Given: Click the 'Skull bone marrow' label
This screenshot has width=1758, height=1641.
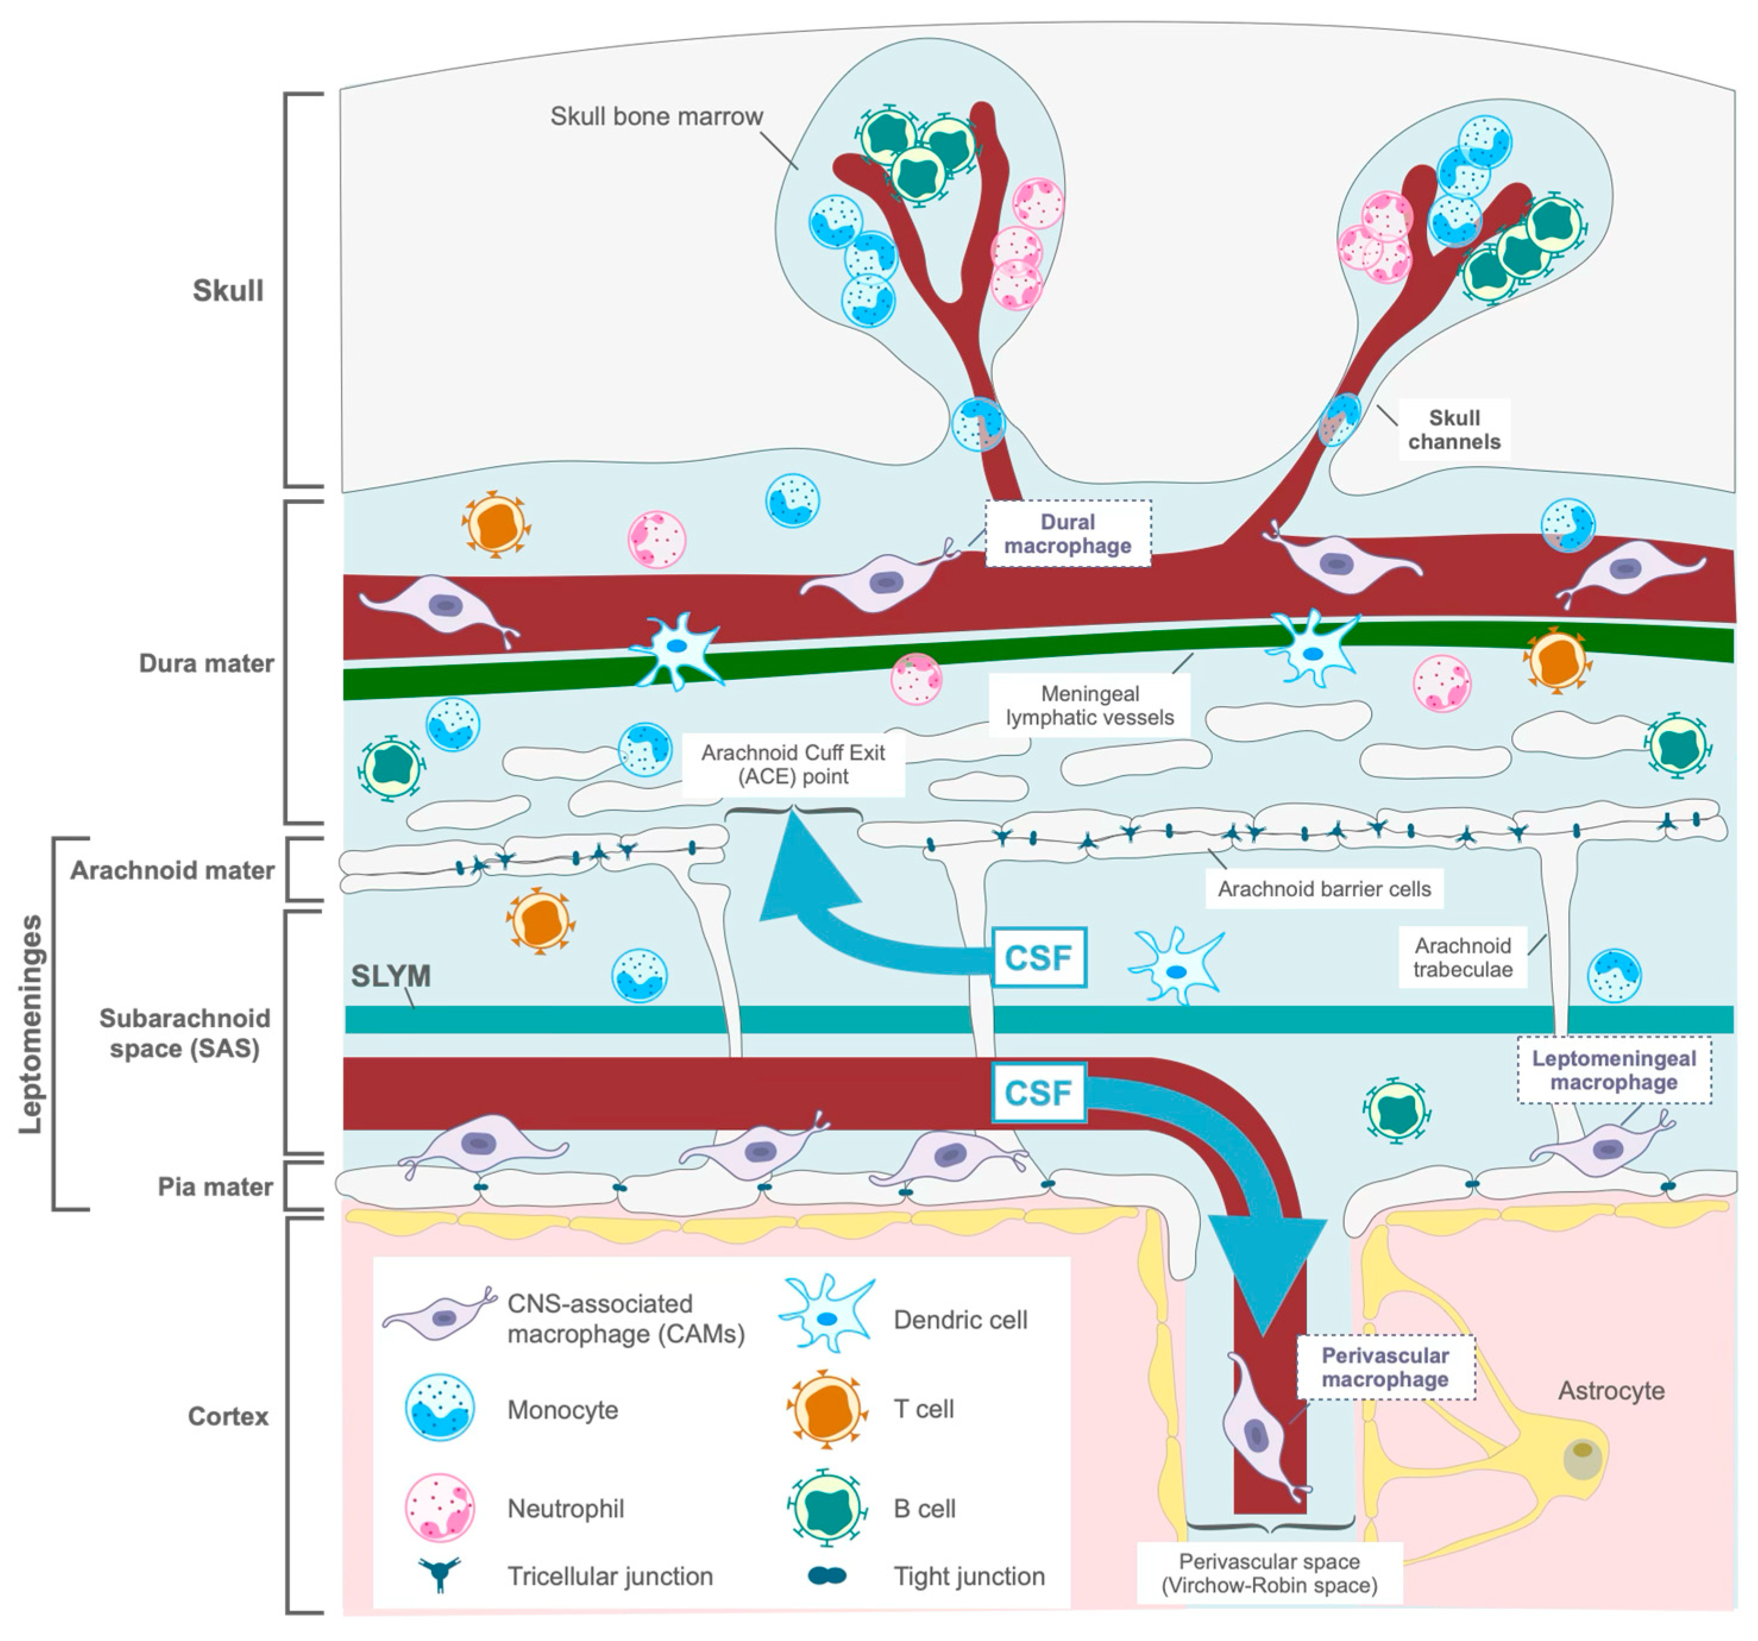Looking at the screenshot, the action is point(656,116).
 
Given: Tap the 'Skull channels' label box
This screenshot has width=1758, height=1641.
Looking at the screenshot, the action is point(1454,430).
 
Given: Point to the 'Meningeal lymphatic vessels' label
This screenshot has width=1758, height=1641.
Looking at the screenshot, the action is point(1090,705).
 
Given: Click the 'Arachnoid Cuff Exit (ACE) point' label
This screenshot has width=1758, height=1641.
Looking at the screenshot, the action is point(793,765).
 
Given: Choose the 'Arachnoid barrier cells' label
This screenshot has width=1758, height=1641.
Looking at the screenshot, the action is point(1324,889).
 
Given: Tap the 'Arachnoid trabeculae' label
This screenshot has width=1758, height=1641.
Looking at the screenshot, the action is point(1463,957).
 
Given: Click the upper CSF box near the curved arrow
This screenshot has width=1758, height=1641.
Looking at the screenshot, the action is point(1038,957).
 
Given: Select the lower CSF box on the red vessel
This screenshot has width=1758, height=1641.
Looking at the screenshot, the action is point(1038,1093).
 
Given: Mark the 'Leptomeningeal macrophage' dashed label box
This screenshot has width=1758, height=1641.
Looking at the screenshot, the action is point(1614,1070).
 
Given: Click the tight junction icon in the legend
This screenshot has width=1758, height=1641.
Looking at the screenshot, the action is point(827,1576).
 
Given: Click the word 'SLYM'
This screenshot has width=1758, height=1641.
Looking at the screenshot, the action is point(391,976).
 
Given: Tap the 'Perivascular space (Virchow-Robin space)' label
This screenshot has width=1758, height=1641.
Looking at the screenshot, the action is point(1270,1573).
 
